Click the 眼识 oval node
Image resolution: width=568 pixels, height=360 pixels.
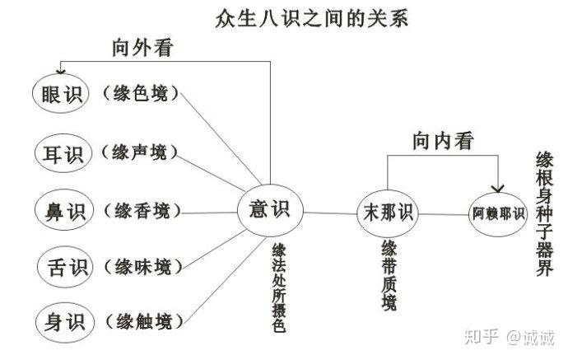[x=60, y=94]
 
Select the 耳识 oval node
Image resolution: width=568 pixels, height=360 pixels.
[x=63, y=153]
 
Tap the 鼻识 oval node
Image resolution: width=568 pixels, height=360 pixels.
[x=64, y=210]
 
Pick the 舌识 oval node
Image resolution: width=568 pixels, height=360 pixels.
[x=66, y=267]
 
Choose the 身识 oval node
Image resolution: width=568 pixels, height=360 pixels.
[x=65, y=322]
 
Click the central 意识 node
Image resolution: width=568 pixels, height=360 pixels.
[x=270, y=210]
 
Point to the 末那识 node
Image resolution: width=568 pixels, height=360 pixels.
[x=387, y=213]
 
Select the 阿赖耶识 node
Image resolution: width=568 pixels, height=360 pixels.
[x=498, y=214]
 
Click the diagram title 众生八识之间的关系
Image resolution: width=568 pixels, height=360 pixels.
[x=311, y=18]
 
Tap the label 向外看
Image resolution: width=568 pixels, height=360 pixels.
[x=142, y=48]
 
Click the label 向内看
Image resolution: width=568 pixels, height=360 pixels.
[x=443, y=141]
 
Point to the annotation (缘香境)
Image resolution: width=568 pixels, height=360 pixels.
[x=142, y=210]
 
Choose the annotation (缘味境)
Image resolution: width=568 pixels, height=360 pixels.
[x=143, y=267]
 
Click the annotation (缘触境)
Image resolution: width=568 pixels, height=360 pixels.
[x=144, y=321]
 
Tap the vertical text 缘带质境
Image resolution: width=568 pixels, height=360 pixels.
[x=389, y=275]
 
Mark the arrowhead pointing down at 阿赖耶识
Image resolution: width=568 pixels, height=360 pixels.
[x=498, y=189]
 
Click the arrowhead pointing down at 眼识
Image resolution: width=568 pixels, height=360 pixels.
[x=60, y=72]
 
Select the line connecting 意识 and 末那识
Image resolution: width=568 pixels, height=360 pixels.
[x=330, y=213]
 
